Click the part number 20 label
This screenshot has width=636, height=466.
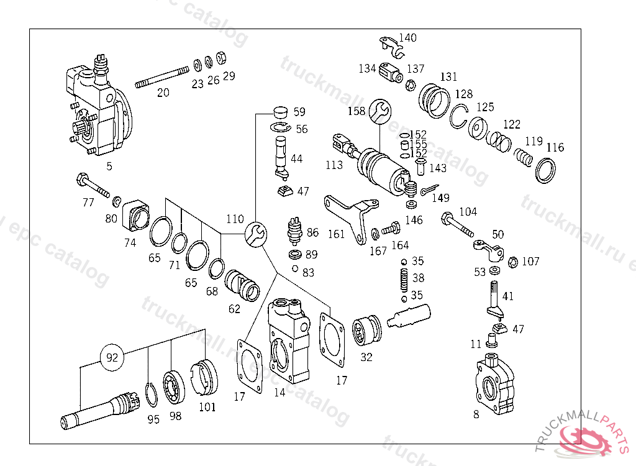(x=163, y=93)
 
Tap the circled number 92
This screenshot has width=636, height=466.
(x=112, y=358)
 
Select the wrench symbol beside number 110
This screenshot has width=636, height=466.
(x=255, y=234)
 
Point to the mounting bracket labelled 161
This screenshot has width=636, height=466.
(x=352, y=217)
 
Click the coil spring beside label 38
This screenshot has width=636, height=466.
(x=404, y=279)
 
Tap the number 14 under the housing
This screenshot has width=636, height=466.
(x=279, y=392)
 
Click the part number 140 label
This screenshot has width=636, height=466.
(x=407, y=37)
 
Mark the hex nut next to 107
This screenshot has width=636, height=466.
(x=513, y=262)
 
